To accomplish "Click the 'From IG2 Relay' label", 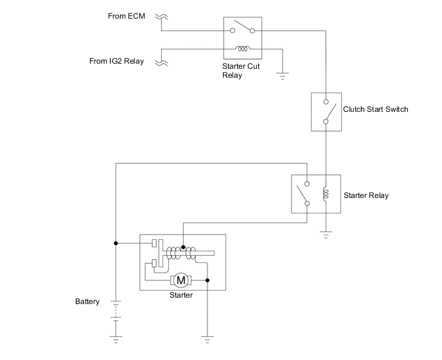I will pos(116,61).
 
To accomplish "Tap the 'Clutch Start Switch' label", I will pos(376,109).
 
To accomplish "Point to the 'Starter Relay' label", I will pos(366,195).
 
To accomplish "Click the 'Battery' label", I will pos(87,301).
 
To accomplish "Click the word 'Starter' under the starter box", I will pos(180,295).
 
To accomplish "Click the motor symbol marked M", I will pos(181,280).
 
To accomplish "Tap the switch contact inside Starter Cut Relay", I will pos(243,28).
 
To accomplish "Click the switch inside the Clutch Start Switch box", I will pos(327,111).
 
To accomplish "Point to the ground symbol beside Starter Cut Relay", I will pos(281,76).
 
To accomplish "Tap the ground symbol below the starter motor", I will pos(207,335).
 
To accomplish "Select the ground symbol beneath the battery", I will pos(116,335).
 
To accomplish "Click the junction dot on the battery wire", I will pos(116,244).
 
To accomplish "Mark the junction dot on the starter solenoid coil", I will pos(183,247).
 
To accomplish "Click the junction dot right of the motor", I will pos(207,280).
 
